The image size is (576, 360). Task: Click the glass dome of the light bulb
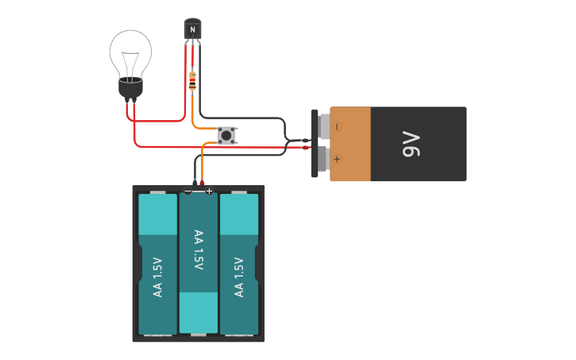[x=130, y=49]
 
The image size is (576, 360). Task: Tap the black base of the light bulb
[x=130, y=87]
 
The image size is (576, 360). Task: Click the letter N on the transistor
[x=192, y=30]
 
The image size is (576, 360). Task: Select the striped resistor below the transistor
[x=192, y=80]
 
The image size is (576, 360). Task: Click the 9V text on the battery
[x=411, y=144]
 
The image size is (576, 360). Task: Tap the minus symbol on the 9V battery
[x=337, y=126]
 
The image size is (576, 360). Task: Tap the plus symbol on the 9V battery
[x=337, y=159]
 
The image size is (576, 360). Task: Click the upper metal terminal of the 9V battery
[x=324, y=126]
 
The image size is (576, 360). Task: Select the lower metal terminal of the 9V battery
[x=323, y=159]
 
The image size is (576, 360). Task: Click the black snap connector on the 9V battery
[x=315, y=144]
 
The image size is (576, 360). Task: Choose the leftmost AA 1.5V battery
[x=158, y=264]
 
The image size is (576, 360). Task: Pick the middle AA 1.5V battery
[x=198, y=262]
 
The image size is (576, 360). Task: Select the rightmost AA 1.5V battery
[x=239, y=264]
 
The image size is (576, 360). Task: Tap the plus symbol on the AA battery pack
[x=209, y=191]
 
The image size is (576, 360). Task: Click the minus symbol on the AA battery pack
[x=187, y=191]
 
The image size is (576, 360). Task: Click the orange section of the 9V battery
[x=350, y=144]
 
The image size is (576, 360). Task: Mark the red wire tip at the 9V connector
[x=306, y=148]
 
